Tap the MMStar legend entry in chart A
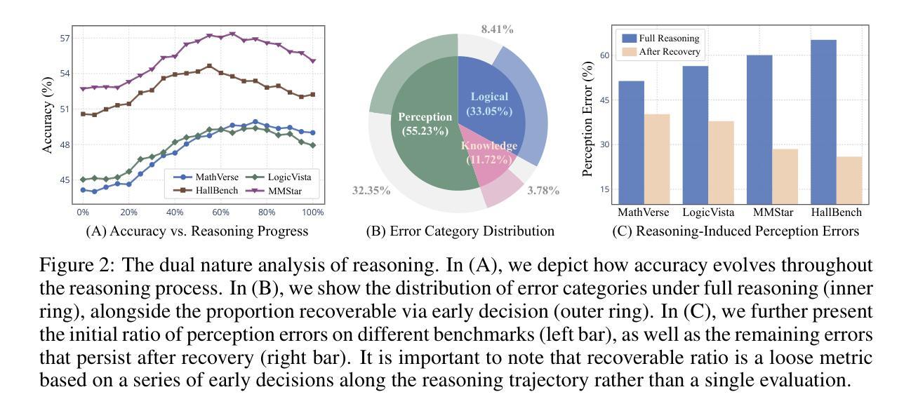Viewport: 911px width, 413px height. (287, 191)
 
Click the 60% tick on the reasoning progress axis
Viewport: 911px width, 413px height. (220, 212)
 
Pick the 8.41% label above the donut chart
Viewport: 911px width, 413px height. (497, 29)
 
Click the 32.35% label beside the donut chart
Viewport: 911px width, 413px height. (371, 191)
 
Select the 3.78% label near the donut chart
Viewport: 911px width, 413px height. (543, 191)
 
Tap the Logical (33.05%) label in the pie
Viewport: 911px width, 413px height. (489, 104)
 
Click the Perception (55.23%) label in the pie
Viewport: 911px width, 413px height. (425, 123)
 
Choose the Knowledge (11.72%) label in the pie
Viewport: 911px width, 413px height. (488, 153)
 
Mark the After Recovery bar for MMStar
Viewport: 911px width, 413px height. (785, 176)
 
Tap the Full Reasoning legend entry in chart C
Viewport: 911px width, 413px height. (659, 38)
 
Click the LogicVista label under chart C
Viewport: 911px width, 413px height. (707, 212)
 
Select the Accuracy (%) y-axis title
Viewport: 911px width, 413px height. (48, 117)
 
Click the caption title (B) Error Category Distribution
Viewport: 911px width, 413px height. (460, 231)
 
